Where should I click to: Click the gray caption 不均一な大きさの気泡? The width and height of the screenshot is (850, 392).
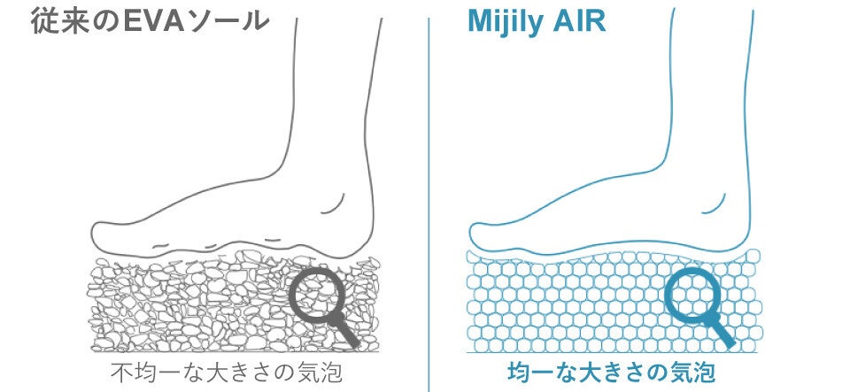click(x=225, y=373)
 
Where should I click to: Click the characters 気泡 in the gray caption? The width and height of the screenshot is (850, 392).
click(x=323, y=373)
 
